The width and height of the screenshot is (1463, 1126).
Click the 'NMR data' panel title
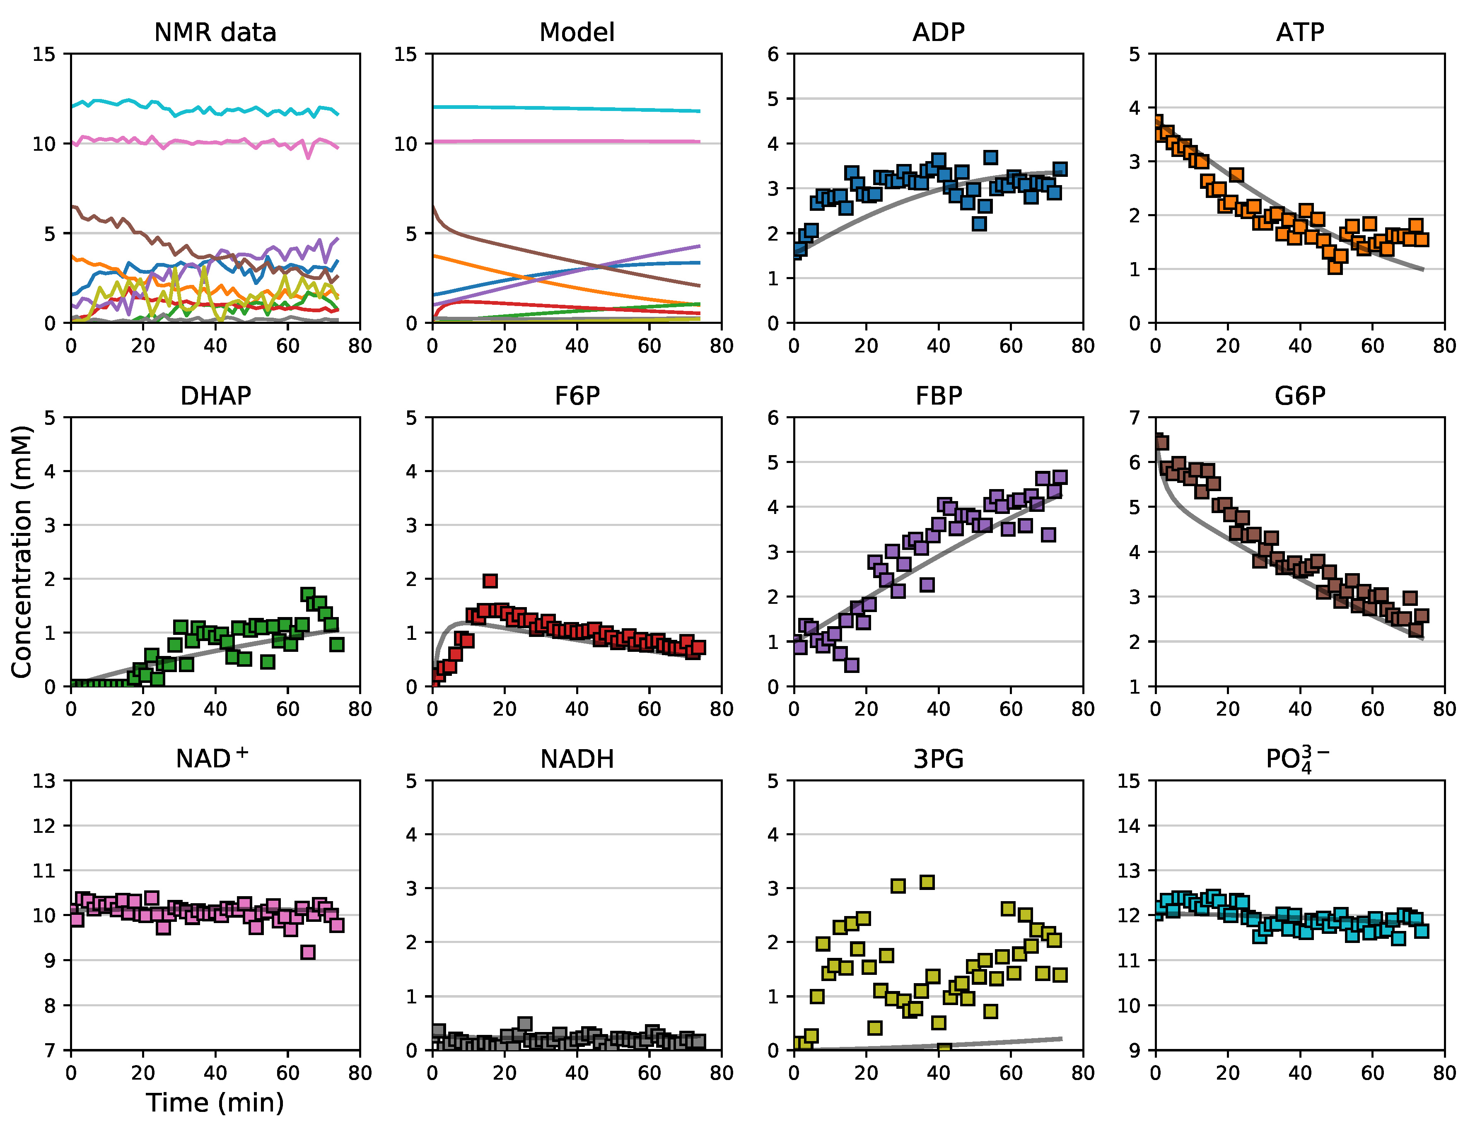(215, 32)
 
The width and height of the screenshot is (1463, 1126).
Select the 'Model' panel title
(577, 32)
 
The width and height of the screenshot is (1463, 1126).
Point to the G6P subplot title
(1299, 396)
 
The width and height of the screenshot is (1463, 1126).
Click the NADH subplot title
(577, 759)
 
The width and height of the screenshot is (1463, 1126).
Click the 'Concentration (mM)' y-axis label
(22, 551)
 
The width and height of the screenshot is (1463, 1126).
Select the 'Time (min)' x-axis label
(215, 1102)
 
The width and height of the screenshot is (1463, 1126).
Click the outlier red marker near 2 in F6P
(490, 581)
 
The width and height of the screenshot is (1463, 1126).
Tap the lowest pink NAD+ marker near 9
(307, 952)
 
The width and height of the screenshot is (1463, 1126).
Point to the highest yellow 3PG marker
(927, 882)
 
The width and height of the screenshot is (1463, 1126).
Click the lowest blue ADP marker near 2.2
(979, 224)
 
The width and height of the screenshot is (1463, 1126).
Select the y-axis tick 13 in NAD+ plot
(44, 781)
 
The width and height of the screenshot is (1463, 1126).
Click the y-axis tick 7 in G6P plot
(1134, 418)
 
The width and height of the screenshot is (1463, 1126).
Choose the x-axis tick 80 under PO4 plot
(1444, 1073)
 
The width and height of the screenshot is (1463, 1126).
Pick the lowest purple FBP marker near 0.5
(852, 665)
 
